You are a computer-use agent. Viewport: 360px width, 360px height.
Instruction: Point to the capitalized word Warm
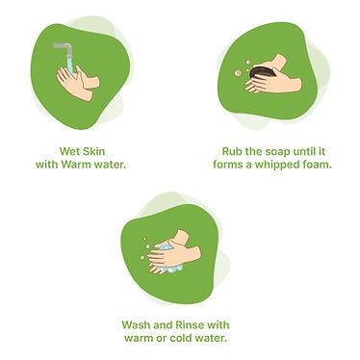90,164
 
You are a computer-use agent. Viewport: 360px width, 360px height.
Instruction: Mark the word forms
229,164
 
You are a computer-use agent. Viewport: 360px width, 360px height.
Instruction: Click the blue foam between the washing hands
167,253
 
